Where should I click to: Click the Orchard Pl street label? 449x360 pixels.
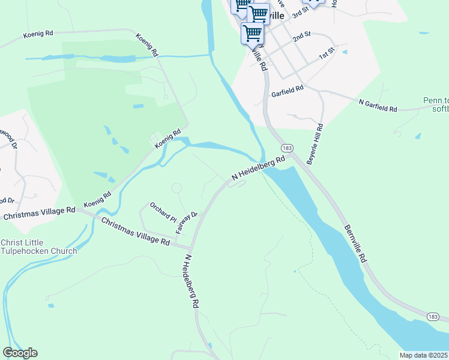coord(163,211)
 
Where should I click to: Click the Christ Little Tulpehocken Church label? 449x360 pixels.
coord(39,247)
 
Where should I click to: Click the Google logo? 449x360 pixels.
coord(20,353)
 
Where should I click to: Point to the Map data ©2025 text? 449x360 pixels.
coord(424,355)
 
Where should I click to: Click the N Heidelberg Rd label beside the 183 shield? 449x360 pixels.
coord(258,168)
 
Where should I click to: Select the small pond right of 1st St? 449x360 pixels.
coord(345,52)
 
